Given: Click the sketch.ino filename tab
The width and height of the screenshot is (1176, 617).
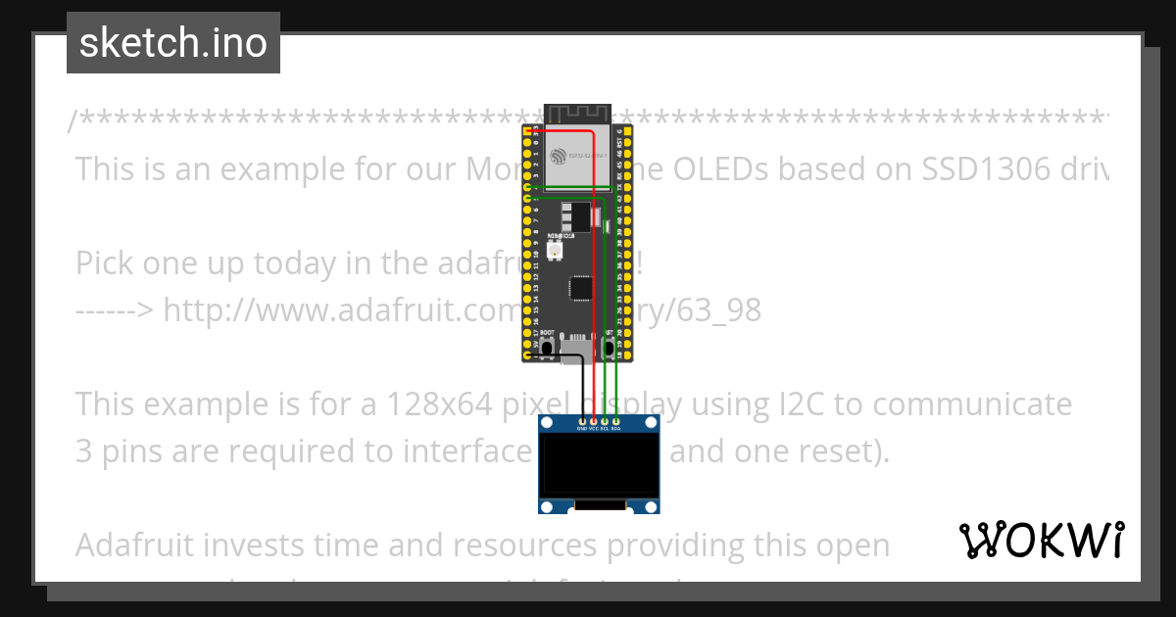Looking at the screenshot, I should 173,43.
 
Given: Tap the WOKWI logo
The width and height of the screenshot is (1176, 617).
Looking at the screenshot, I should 1042,541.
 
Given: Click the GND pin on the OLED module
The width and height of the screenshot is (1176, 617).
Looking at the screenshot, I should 582,420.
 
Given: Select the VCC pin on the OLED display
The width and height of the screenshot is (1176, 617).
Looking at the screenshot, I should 594,420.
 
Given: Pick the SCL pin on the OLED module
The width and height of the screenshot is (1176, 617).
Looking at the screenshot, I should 605,420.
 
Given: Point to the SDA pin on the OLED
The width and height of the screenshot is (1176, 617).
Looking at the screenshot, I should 616,420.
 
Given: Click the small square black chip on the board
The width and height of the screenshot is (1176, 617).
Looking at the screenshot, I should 581,287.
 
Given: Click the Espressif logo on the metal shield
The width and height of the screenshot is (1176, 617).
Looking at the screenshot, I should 560,156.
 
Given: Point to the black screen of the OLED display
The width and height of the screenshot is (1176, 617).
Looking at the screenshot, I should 599,465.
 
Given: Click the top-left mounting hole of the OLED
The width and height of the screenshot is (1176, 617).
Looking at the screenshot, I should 547,423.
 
